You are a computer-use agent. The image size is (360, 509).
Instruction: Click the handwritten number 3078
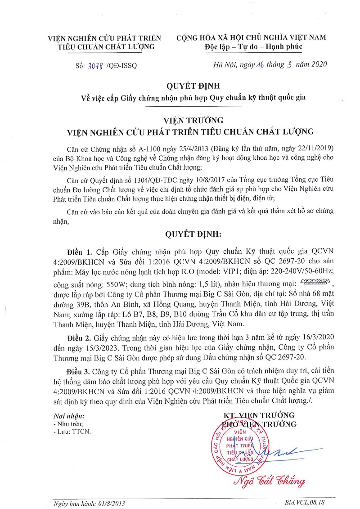[x=95, y=65]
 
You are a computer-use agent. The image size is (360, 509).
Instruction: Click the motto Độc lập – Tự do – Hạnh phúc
[x=252, y=46]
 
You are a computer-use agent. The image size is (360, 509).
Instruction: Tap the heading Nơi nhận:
[x=68, y=416]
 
